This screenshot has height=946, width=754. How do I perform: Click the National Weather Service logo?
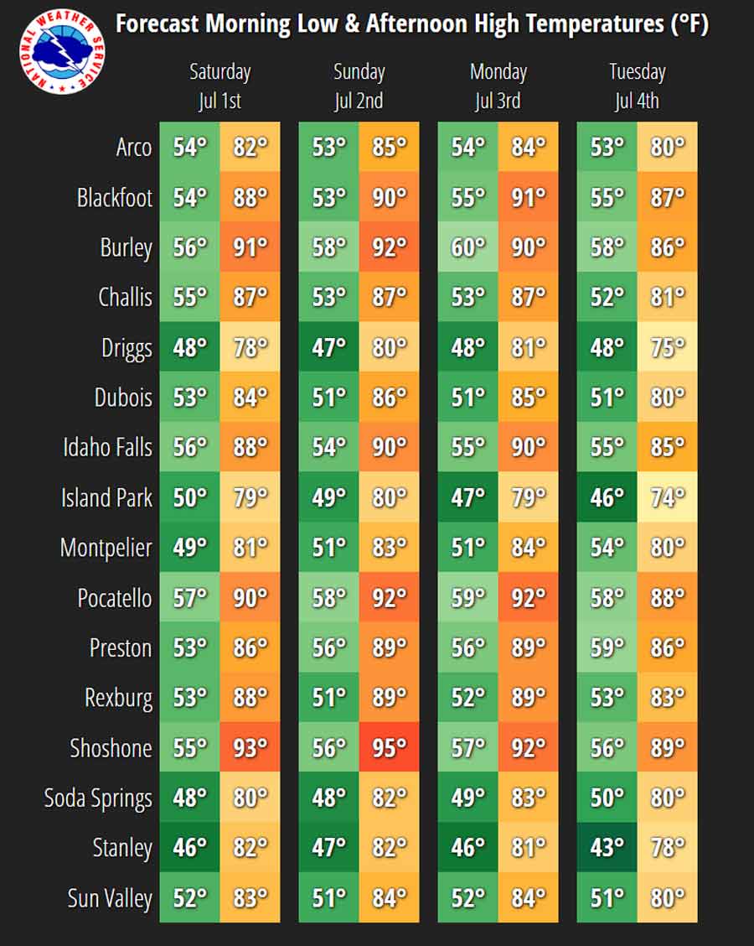62,51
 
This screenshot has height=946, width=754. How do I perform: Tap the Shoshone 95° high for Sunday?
390,747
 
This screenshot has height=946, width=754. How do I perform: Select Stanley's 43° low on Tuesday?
607,848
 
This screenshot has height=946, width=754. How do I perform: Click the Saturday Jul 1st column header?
220,86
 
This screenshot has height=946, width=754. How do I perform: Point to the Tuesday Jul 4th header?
637,86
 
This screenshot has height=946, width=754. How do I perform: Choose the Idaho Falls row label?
108,448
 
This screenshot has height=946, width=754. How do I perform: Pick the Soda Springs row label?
98,798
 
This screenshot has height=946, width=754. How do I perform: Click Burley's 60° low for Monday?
468,247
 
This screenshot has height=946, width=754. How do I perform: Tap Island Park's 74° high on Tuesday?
668,497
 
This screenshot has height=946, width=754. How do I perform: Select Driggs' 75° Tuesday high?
668,347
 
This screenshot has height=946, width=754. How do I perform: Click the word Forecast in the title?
158,24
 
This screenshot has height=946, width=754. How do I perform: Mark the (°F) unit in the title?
689,24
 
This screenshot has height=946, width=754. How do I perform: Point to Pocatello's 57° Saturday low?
190,597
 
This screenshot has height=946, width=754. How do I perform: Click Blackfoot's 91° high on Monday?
529,197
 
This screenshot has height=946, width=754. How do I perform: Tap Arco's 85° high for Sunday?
390,147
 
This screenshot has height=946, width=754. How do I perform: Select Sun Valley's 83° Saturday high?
250,897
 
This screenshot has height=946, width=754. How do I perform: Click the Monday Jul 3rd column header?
498,86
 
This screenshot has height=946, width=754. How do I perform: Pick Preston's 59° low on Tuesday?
607,647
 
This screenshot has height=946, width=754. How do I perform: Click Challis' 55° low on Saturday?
190,297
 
